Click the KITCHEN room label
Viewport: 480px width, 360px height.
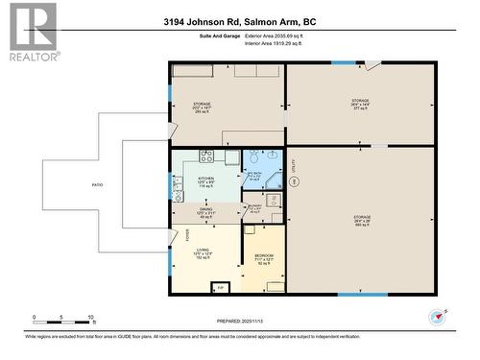click(206, 180)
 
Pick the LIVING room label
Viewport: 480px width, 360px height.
click(203, 252)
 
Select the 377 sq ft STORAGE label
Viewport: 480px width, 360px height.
click(359, 104)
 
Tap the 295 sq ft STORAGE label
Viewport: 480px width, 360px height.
click(202, 107)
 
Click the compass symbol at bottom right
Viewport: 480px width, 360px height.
click(440, 316)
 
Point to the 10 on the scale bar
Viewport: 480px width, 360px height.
click(91, 317)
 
